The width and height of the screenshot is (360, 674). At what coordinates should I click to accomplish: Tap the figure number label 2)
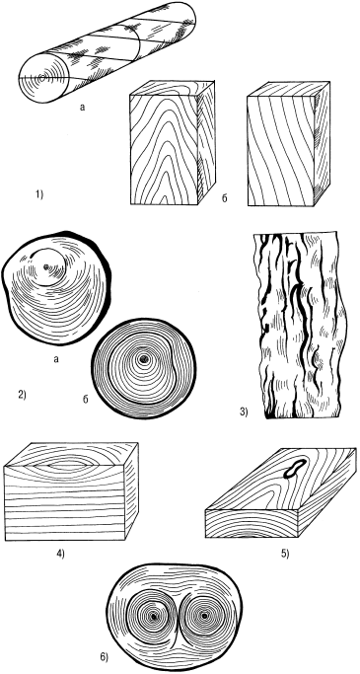pos(22,394)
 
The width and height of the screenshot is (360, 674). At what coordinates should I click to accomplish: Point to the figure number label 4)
pos(60,554)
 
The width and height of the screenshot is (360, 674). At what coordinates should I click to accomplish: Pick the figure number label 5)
pos(285,554)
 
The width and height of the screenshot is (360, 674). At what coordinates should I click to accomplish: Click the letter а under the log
pos(83,108)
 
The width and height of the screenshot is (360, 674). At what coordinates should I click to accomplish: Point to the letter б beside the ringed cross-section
pos(86,401)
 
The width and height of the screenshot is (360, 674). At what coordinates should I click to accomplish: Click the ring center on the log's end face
pos(42,78)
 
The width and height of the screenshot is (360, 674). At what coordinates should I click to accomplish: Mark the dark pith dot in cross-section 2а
pos(46,267)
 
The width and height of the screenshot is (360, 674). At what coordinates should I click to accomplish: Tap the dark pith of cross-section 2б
pos(144,358)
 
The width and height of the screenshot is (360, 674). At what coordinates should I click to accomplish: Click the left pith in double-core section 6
pos(153,617)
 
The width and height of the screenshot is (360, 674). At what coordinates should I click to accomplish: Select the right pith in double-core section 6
pos(204,616)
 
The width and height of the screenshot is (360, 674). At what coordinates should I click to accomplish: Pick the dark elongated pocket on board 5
pos(294,468)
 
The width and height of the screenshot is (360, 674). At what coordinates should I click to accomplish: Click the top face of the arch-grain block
pos(172,88)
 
